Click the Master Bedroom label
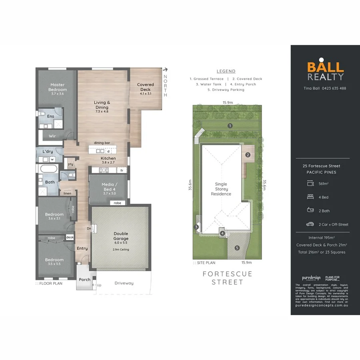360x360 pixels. pyautogui.click(x=57, y=87)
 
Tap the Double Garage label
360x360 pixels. pyautogui.click(x=120, y=236)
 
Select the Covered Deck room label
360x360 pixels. pyautogui.click(x=145, y=87)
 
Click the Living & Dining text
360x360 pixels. pyautogui.click(x=102, y=105)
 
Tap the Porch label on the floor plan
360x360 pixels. pyautogui.click(x=84, y=280)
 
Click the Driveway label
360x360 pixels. pyautogui.click(x=124, y=283)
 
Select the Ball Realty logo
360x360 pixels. pyautogui.click(x=325, y=71)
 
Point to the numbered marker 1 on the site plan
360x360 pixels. pyautogui.click(x=230, y=126)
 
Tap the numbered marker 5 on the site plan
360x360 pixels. pyautogui.click(x=237, y=248)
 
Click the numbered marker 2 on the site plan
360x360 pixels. pyautogui.click(x=248, y=155)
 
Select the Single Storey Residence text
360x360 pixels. pyautogui.click(x=221, y=189)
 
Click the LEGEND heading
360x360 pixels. pyautogui.click(x=226, y=71)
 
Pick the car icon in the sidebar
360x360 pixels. pyautogui.click(x=310, y=224)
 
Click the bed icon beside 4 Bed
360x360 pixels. pyautogui.click(x=310, y=197)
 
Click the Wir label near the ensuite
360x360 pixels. pyautogui.click(x=52, y=136)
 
